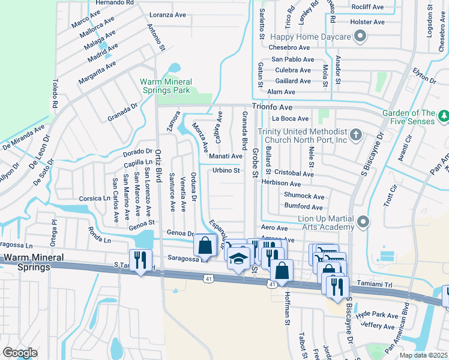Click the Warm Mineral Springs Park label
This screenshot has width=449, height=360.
point(166,86)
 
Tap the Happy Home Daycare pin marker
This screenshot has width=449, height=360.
point(360,37)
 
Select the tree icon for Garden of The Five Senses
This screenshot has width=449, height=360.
point(444,115)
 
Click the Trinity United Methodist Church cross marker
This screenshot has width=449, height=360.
point(355,134)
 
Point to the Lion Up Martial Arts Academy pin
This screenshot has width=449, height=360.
point(363,223)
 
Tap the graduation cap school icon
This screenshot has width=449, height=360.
point(238,258)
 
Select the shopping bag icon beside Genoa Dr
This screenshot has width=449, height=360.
point(205,245)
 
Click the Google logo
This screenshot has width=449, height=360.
point(19,353)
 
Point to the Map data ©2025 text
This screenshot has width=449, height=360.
point(423,355)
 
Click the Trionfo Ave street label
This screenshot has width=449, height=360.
point(271,107)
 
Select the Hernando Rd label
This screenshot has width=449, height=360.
point(113,3)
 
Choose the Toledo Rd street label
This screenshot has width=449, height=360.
point(55,93)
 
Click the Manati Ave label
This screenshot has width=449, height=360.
point(225,156)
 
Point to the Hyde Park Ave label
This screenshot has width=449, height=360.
point(376,315)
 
